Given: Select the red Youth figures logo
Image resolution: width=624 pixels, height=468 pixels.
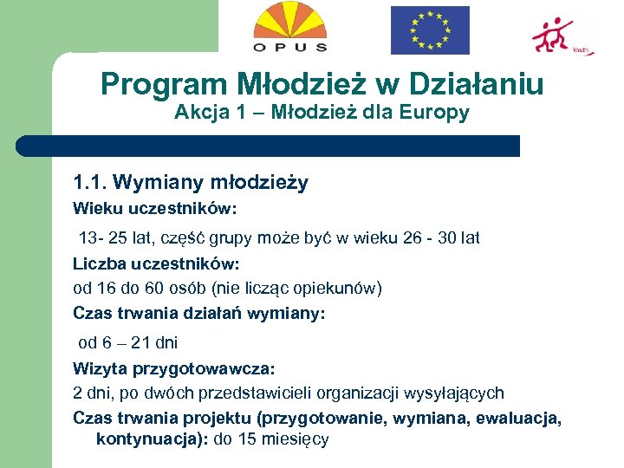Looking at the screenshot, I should click(x=557, y=35).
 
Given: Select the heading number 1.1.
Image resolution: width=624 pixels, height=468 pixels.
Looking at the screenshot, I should click(x=90, y=182).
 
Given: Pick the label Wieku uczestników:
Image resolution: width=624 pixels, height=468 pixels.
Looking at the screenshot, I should click(x=154, y=209).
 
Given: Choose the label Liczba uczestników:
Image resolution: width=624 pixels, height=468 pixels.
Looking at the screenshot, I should click(x=156, y=263).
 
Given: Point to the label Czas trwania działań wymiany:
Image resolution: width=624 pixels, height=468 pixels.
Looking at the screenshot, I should click(x=199, y=314).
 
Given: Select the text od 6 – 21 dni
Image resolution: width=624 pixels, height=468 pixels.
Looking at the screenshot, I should click(x=128, y=342).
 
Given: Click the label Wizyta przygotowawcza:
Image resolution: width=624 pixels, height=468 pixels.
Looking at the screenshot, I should click(x=173, y=368).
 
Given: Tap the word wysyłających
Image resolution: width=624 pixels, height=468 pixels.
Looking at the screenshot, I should click(x=459, y=393).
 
